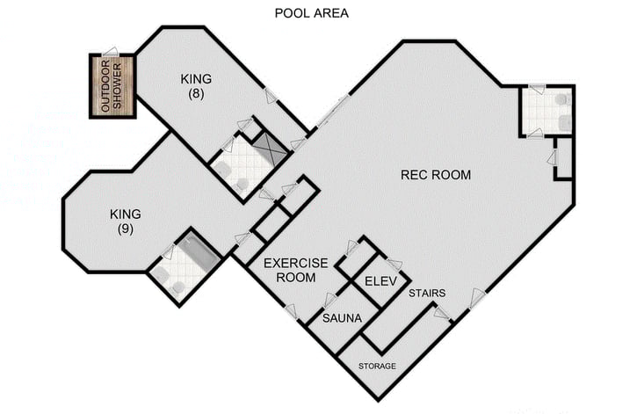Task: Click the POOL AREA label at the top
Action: coord(311,13)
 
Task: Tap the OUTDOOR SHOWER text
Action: coord(112,86)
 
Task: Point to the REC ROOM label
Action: coord(435,175)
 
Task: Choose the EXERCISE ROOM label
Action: coord(295,270)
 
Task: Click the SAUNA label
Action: coord(342,317)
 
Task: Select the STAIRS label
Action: coord(426,293)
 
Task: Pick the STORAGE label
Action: coord(376,366)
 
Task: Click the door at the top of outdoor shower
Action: coord(111,52)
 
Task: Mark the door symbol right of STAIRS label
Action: coord(476,299)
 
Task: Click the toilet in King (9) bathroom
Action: coord(177,287)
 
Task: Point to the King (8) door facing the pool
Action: coord(271,94)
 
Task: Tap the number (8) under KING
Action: coord(196,93)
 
